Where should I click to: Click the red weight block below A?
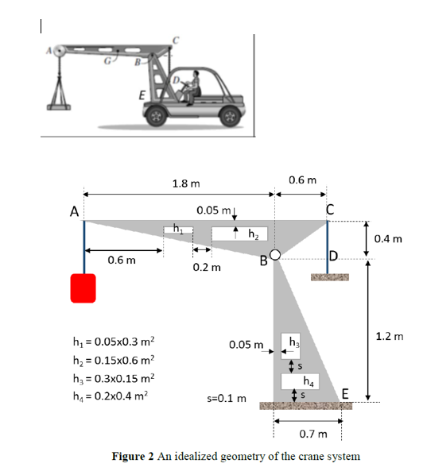(x=83, y=288)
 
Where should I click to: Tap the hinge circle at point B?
(x=274, y=255)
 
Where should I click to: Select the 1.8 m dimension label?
(x=185, y=183)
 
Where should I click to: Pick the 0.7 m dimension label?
(x=312, y=434)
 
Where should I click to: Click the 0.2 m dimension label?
(x=206, y=268)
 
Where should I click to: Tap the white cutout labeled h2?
(x=239, y=233)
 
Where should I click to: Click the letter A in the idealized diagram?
(x=73, y=211)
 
